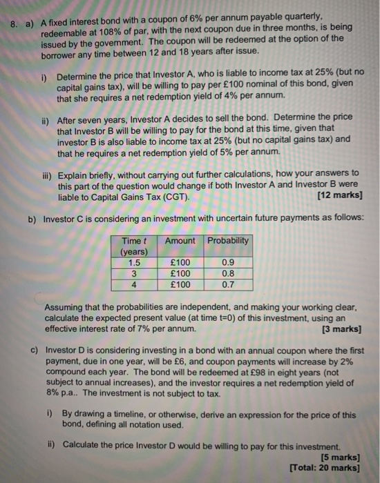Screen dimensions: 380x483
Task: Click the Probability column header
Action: [x=228, y=240]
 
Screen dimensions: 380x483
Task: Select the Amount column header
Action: [x=181, y=240]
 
